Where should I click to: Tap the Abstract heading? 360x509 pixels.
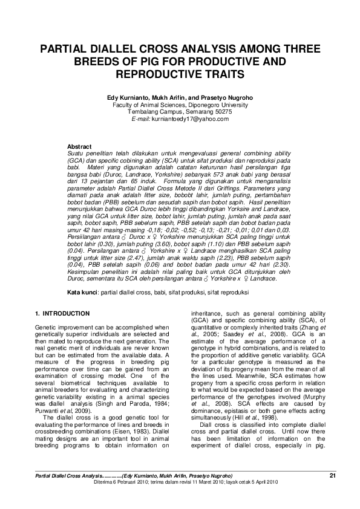click(x=79, y=147)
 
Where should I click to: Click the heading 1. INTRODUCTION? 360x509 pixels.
click(x=62, y=313)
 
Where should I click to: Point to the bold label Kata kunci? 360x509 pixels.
click(x=81, y=293)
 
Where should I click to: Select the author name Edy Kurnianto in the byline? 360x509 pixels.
click(x=128, y=97)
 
